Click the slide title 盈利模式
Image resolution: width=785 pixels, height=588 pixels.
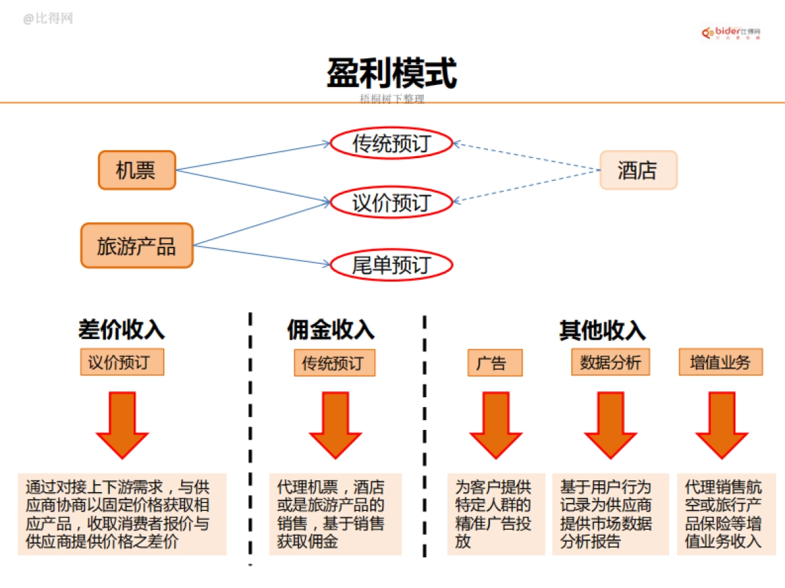392,73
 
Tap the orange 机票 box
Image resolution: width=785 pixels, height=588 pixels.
137,171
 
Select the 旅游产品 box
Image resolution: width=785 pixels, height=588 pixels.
137,246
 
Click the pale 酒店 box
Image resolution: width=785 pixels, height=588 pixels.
638,171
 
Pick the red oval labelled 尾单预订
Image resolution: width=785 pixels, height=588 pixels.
391,265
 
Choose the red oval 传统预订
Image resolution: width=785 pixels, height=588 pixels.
391,144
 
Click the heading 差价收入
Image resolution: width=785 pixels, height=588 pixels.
122,330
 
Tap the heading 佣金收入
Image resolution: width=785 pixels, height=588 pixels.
331,330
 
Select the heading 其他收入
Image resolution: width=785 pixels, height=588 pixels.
602,330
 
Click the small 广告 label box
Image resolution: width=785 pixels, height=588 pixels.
495,363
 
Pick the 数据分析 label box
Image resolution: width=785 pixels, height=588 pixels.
611,363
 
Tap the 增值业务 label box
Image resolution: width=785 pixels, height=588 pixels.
720,363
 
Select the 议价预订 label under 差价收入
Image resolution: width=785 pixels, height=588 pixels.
122,363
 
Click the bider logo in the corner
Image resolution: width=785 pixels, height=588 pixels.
731,32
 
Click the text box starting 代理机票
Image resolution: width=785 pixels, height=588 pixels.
336,514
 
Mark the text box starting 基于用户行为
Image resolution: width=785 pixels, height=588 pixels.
610,514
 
